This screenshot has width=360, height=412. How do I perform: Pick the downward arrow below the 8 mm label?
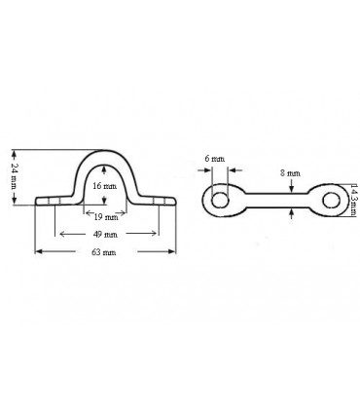(x=291, y=186)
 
